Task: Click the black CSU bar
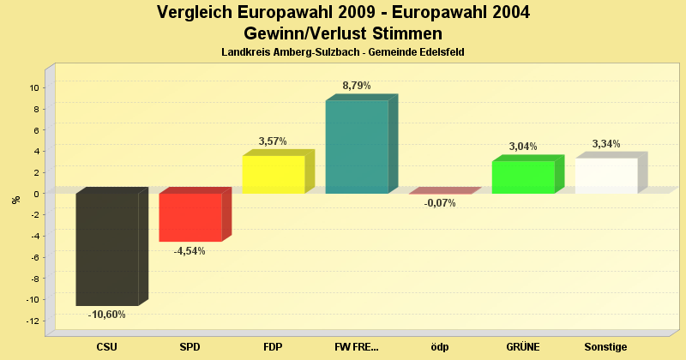[x=107, y=249]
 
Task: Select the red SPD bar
[x=190, y=217]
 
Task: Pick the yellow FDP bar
[x=274, y=174]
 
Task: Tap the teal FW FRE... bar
[x=357, y=147]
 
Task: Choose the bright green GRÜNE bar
[x=523, y=177]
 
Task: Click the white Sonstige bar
[x=606, y=176]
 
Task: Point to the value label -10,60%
[x=107, y=315]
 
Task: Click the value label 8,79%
[x=357, y=86]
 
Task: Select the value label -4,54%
[x=190, y=251]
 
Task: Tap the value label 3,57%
[x=273, y=141]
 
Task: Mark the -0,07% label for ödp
[x=440, y=203]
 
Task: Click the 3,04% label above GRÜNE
[x=523, y=147]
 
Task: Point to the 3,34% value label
[x=606, y=144]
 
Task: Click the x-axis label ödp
[x=440, y=347]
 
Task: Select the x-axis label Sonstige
[x=606, y=347]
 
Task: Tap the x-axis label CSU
[x=107, y=347]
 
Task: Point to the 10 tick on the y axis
[x=33, y=87]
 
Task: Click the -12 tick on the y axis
[x=32, y=321]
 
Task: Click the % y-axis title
[x=15, y=200]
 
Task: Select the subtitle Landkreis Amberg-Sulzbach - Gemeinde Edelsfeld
[x=343, y=53]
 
